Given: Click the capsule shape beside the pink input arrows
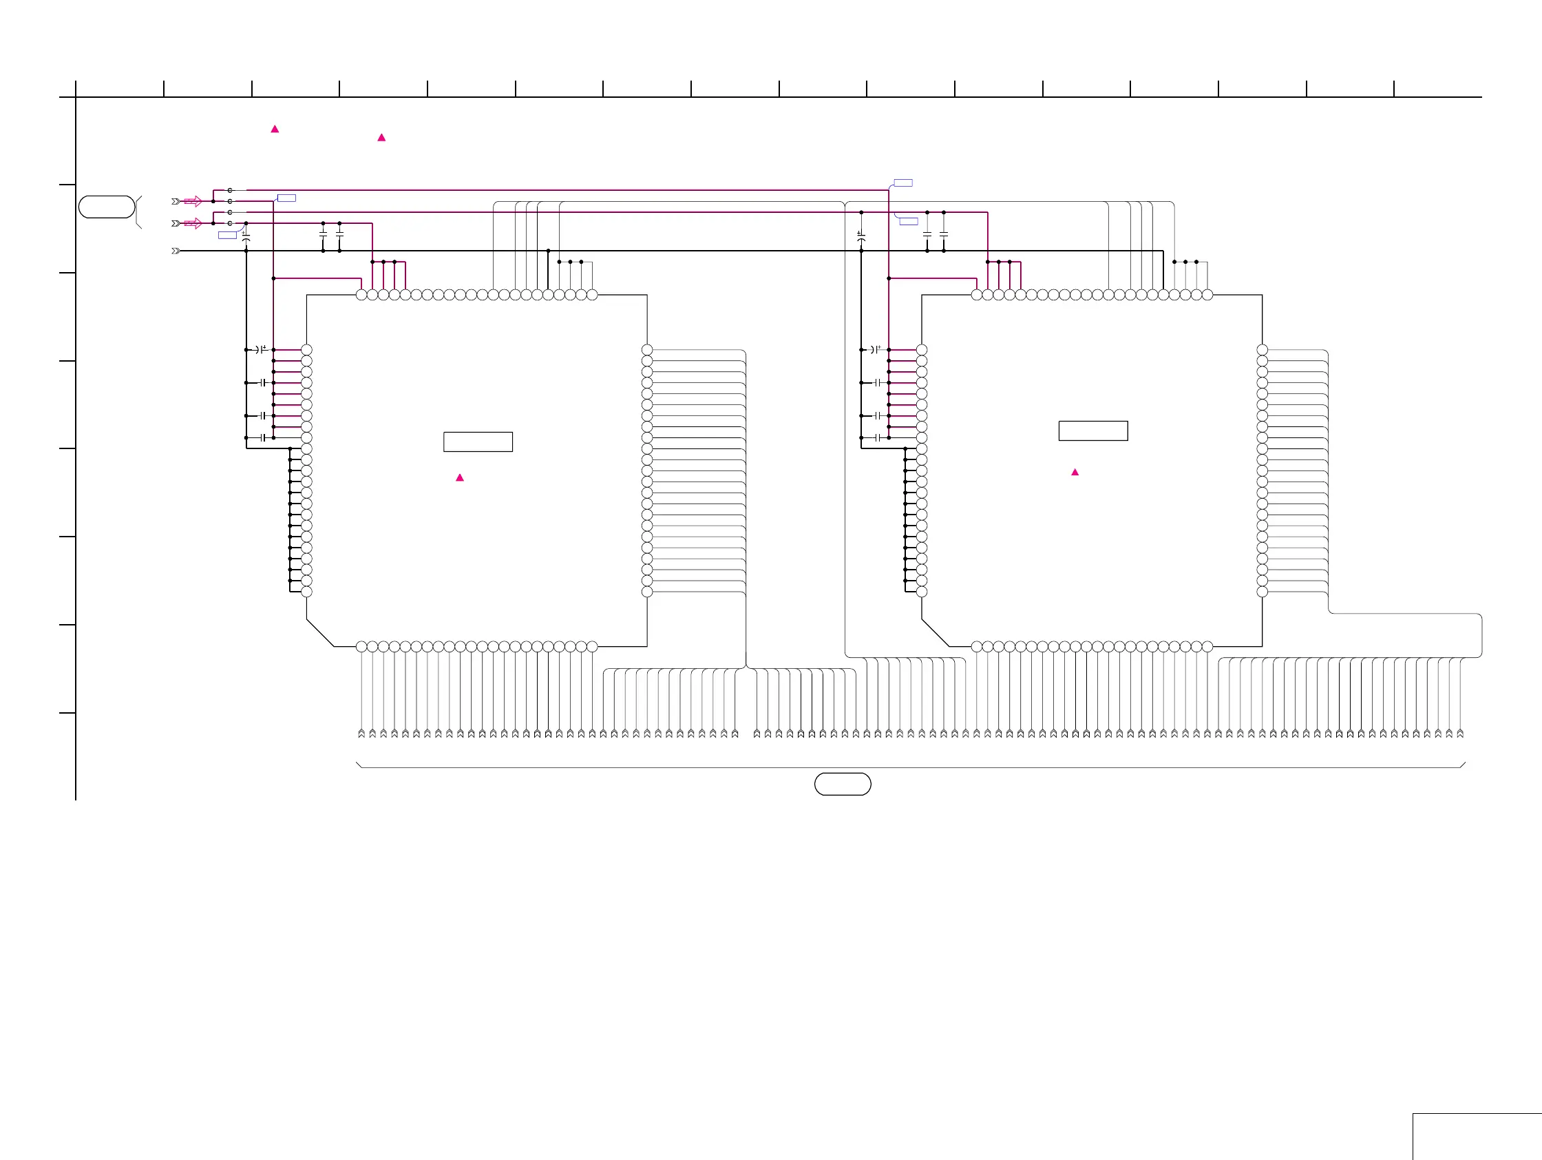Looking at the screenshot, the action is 107,207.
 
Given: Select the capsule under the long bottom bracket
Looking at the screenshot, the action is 842,784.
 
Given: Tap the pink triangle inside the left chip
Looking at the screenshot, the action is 459,478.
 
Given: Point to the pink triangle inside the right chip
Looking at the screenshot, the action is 1075,473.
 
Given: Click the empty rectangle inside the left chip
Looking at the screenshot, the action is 478,442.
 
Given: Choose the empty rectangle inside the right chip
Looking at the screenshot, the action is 1093,431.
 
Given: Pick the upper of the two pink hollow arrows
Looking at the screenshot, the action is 193,202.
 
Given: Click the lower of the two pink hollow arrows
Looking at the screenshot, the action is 193,223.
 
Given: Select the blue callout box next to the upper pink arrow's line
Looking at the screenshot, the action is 286,198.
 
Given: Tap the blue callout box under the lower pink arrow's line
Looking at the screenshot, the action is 227,236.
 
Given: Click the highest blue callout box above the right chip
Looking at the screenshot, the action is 902,183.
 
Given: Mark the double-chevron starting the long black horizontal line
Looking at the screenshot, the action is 176,251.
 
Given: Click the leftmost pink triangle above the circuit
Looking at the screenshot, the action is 275,129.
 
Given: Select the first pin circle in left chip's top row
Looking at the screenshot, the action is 361,295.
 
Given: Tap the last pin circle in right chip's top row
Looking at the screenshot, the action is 1207,295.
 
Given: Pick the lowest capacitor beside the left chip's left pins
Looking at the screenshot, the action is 263,437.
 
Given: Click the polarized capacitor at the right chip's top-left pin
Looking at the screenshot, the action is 875,349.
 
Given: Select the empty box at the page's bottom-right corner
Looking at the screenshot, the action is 1477,1137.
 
